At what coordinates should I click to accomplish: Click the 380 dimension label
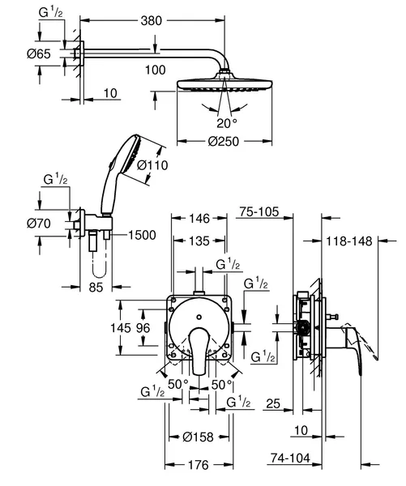click(x=152, y=21)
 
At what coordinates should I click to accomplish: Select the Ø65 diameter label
click(x=39, y=54)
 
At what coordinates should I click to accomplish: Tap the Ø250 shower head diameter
click(x=224, y=142)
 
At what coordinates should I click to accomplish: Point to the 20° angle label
click(x=227, y=123)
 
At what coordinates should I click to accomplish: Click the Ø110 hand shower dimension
click(x=152, y=165)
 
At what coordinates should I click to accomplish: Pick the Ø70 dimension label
click(x=39, y=224)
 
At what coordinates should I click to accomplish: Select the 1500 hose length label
click(x=142, y=235)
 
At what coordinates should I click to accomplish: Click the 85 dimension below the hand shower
click(x=96, y=288)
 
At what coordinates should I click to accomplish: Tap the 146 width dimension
click(x=199, y=219)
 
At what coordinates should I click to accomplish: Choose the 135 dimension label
click(x=199, y=241)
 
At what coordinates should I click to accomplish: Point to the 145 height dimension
click(x=121, y=327)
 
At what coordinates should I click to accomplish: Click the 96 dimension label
click(x=143, y=327)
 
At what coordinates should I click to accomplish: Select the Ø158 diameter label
click(x=199, y=437)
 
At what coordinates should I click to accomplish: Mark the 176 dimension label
click(x=199, y=465)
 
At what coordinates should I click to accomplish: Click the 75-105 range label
click(x=259, y=212)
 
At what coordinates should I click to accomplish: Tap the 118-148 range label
click(x=349, y=241)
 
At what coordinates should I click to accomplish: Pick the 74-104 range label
click(x=290, y=458)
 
